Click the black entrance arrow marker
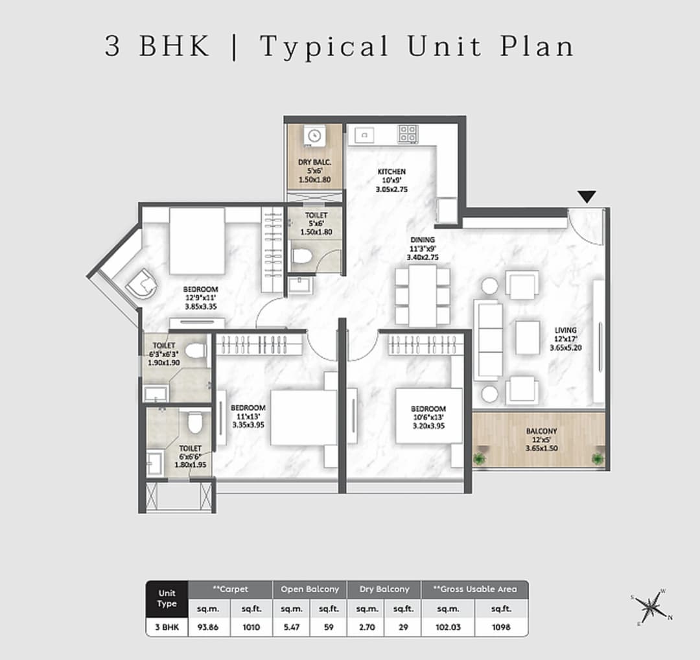coord(587,196)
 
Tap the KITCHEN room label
coord(391,172)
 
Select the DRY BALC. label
coord(314,162)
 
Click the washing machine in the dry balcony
coord(314,136)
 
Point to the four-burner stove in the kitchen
coord(408,134)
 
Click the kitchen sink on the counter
coord(363,134)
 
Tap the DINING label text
coord(422,240)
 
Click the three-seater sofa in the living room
coord(489,339)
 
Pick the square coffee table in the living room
coord(527,338)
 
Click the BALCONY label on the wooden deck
coord(541,430)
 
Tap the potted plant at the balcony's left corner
coord(480,459)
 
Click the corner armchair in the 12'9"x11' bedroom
coord(143,283)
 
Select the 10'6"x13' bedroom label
coord(428,409)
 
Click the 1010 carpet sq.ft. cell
coord(251,628)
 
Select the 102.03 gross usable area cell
coord(447,628)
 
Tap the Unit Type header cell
coord(167,598)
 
